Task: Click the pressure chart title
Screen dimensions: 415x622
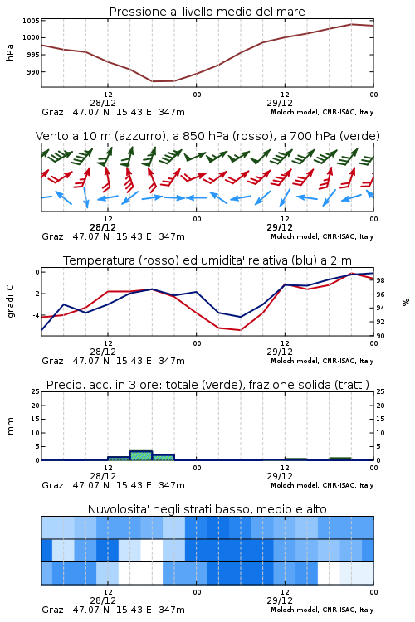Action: [207, 12]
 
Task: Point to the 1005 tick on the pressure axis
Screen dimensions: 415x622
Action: [31, 21]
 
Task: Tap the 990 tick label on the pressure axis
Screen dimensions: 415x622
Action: [33, 72]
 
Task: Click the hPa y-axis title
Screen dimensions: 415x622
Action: [10, 52]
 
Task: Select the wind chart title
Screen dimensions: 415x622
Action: [207, 136]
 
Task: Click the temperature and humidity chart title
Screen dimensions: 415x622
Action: [207, 260]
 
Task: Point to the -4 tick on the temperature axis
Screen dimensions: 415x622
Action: [36, 315]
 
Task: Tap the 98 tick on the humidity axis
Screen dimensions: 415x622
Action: [380, 280]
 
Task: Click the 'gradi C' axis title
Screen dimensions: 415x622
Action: [11, 302]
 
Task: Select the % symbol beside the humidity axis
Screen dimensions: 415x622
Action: [406, 302]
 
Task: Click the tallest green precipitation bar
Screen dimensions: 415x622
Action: [141, 455]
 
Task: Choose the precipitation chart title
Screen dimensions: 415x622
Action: [207, 385]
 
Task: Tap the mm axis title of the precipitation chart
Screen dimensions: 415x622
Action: [10, 425]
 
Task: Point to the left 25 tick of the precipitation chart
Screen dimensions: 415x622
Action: [35, 392]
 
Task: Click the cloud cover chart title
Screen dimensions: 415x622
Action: [207, 509]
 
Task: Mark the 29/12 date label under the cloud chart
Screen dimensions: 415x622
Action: [280, 600]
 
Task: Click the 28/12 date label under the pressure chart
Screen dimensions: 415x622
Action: [103, 103]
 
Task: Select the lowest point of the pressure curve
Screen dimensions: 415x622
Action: [153, 81]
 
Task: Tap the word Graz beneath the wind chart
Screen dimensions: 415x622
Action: [52, 236]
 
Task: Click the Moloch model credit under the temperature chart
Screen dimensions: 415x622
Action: [322, 361]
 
